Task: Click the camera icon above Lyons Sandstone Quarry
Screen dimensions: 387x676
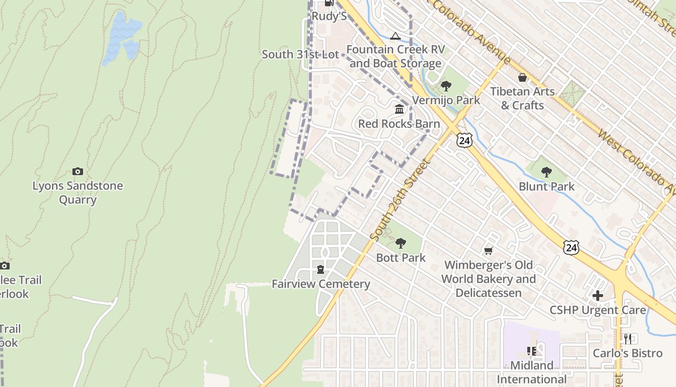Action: click(77, 171)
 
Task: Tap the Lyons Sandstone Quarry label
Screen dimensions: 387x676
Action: click(77, 193)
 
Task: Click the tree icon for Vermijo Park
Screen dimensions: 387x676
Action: click(446, 86)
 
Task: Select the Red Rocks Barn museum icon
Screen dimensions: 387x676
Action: click(399, 109)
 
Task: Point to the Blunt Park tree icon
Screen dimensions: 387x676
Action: click(546, 172)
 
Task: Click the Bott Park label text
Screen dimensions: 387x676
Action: click(401, 257)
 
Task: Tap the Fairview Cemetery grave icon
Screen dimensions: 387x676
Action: click(321, 269)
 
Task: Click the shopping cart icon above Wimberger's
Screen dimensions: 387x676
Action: click(488, 251)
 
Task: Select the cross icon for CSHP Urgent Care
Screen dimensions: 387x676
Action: click(598, 295)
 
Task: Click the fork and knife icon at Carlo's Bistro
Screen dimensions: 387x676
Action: click(627, 338)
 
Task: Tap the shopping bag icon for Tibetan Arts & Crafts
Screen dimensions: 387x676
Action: click(522, 77)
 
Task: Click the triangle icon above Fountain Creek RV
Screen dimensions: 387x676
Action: click(395, 36)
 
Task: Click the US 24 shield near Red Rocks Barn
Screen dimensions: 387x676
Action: click(464, 140)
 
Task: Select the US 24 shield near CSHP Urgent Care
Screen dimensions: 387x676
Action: click(571, 247)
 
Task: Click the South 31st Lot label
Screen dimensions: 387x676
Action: click(300, 54)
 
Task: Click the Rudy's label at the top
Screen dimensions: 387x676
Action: click(329, 16)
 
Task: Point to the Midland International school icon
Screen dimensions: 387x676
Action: click(532, 351)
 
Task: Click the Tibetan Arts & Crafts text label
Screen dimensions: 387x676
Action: click(522, 98)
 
